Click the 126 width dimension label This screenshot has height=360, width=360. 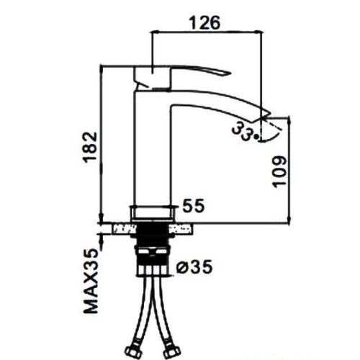point(204,23)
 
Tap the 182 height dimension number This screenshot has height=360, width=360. point(91,147)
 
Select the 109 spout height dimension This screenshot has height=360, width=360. point(279,172)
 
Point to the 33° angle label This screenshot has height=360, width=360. point(246,131)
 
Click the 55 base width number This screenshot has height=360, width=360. point(194,206)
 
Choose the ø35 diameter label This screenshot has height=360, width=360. point(194,266)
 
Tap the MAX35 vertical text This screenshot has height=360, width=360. point(91,281)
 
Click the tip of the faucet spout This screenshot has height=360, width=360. point(270,113)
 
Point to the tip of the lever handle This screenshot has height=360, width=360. point(231,73)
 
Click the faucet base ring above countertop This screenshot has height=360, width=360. point(152,213)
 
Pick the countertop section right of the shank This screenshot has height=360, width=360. point(181,228)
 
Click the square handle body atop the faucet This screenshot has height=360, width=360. point(152,77)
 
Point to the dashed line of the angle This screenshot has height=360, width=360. point(272,125)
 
